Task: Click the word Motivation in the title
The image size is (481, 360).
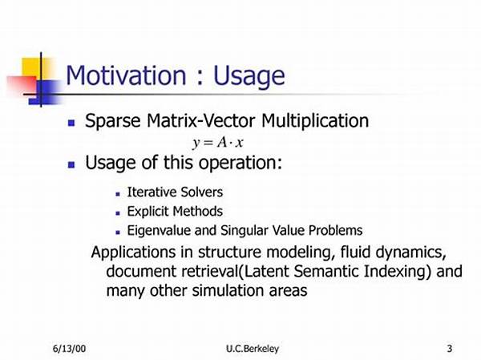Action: (126, 75)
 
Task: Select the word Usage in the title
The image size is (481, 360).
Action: (249, 77)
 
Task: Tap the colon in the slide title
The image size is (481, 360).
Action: (200, 78)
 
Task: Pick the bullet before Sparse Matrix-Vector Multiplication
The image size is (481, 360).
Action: (71, 123)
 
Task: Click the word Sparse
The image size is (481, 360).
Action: (112, 121)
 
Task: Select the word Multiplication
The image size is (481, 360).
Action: (315, 121)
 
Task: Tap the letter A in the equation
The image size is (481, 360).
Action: (221, 142)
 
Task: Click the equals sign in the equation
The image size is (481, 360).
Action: (208, 143)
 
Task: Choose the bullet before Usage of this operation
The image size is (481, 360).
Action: (71, 165)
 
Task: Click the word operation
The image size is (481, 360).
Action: (240, 163)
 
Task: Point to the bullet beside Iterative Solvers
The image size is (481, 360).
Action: (118, 194)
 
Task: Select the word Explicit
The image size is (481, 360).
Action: (148, 212)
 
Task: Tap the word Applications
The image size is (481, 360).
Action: (133, 253)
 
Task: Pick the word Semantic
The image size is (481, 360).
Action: (326, 271)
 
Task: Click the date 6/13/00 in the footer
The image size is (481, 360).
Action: (69, 349)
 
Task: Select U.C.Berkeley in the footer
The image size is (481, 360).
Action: (253, 349)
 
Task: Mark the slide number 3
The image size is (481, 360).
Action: (450, 349)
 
